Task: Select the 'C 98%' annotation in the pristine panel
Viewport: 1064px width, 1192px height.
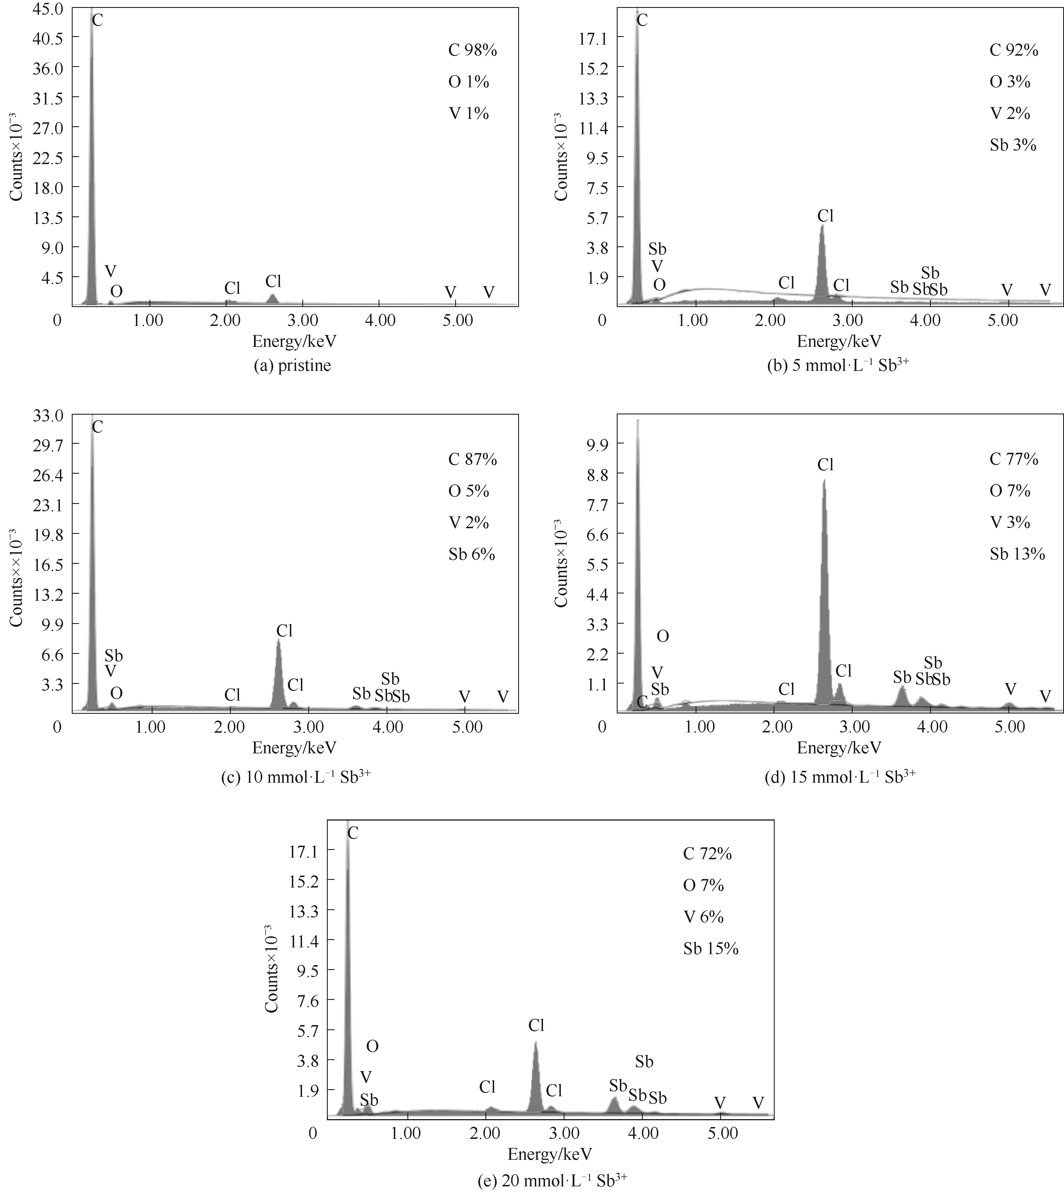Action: pos(472,51)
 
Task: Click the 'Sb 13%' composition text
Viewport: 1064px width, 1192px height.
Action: pos(1017,554)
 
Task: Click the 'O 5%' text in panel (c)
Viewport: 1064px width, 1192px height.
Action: pos(468,491)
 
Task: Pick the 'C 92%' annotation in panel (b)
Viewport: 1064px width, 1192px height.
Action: pos(1014,51)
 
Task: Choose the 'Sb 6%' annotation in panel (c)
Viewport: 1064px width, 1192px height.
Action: pos(472,554)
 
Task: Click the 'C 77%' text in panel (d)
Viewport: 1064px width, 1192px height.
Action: pos(1014,460)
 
